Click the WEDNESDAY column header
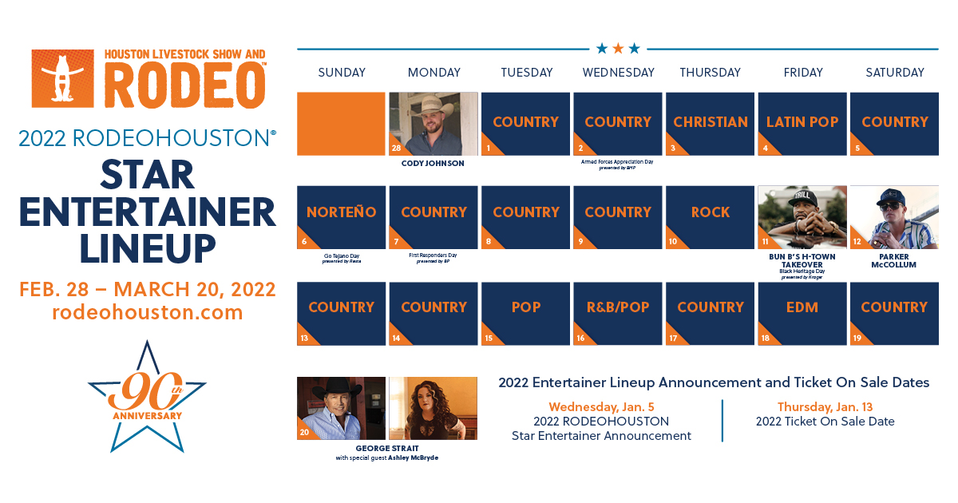(618, 73)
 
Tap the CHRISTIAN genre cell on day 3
(710, 123)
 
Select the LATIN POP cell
(802, 123)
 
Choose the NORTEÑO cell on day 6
(341, 216)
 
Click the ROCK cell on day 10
(710, 216)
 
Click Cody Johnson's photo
(433, 123)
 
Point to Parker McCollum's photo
(894, 217)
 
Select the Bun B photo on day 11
(802, 217)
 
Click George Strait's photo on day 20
(341, 408)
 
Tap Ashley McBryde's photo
(433, 408)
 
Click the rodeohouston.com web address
(148, 312)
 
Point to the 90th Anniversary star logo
(147, 395)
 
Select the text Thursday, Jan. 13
(825, 406)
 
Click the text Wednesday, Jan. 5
(601, 406)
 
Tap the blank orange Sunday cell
(341, 123)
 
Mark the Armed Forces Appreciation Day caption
(618, 161)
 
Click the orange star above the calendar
(618, 49)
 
